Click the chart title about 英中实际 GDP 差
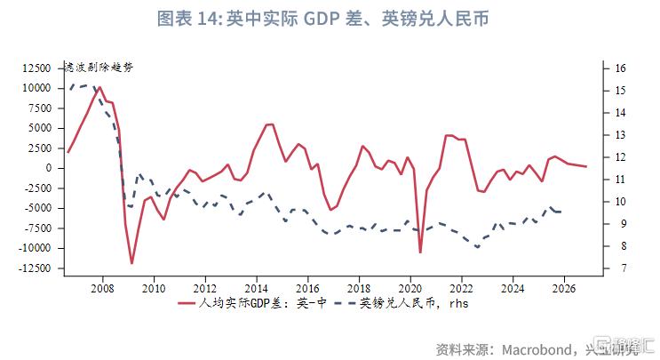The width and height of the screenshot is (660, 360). [x=329, y=19]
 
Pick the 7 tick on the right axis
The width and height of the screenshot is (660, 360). [x=618, y=268]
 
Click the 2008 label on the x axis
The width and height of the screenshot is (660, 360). [x=101, y=288]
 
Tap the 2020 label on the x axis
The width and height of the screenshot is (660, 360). [x=410, y=288]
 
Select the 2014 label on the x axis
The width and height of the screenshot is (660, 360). [x=256, y=288]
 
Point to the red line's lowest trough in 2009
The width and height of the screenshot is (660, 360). [x=131, y=263]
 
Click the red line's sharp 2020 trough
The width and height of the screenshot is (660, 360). [x=420, y=252]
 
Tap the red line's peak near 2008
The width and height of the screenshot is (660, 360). [x=99, y=87]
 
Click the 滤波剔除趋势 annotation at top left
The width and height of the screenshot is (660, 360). [x=99, y=68]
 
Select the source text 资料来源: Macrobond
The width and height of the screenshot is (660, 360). [x=497, y=347]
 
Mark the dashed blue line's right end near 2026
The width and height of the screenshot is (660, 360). [x=560, y=212]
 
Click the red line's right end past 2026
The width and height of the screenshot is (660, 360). [x=586, y=167]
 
